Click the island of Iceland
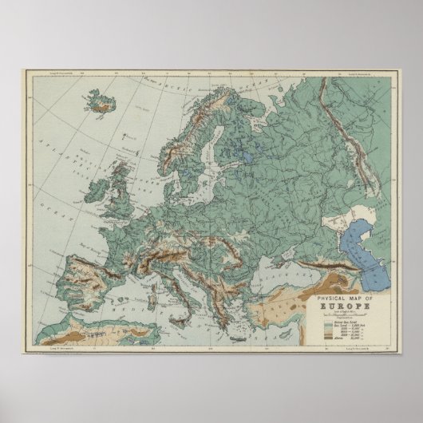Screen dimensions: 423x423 click(101, 101)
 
